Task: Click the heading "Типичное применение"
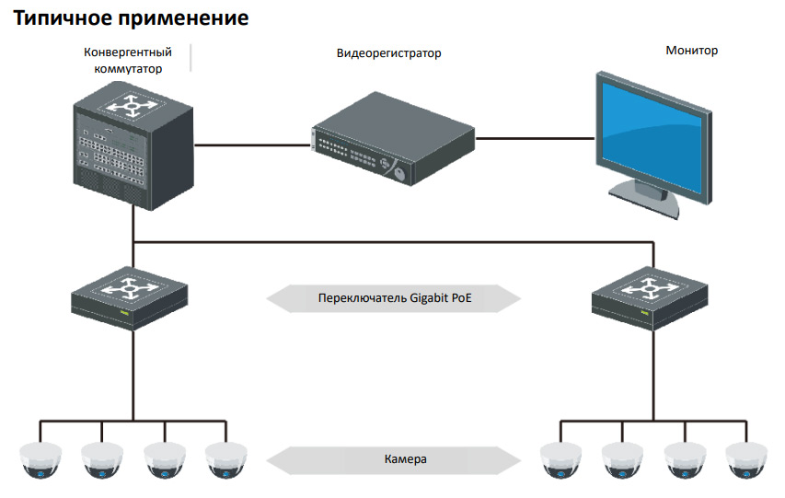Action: [132, 17]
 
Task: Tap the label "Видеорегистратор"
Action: [388, 53]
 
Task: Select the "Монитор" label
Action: [691, 51]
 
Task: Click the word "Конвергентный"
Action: [122, 52]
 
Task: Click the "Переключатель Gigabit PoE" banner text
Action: [394, 299]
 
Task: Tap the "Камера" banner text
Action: [406, 457]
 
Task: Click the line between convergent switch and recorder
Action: [252, 145]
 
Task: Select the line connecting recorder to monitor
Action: [534, 138]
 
